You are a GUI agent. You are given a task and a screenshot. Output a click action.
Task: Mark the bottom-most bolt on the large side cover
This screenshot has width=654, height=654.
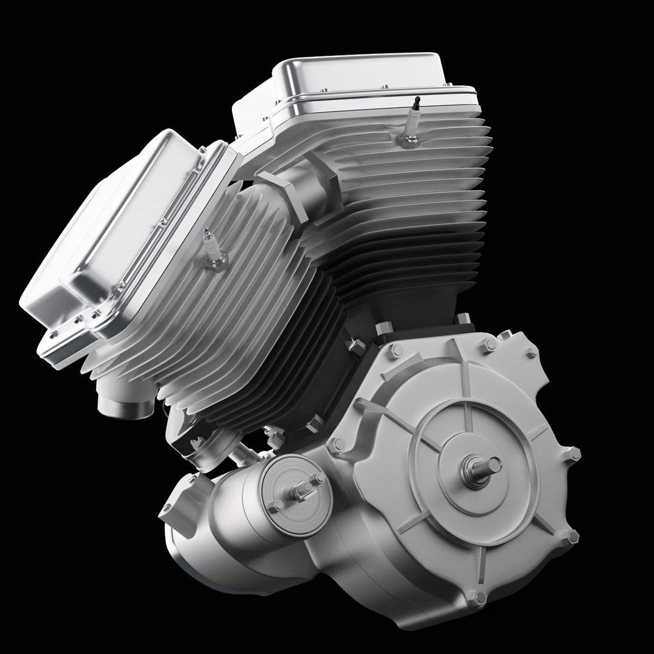point(478,599)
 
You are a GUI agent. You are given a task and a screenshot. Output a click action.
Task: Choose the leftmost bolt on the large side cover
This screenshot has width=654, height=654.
point(336,445)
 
